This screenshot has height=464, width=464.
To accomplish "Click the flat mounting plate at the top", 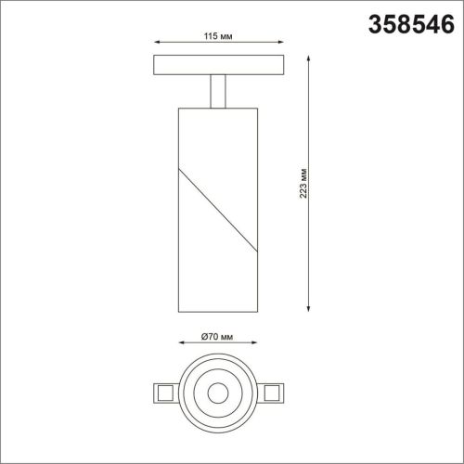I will pyautogui.click(x=219, y=67).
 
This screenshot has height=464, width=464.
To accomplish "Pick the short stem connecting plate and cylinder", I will pyautogui.click(x=219, y=91).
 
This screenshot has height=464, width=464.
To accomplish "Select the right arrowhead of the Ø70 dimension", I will pyautogui.click(x=251, y=348).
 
